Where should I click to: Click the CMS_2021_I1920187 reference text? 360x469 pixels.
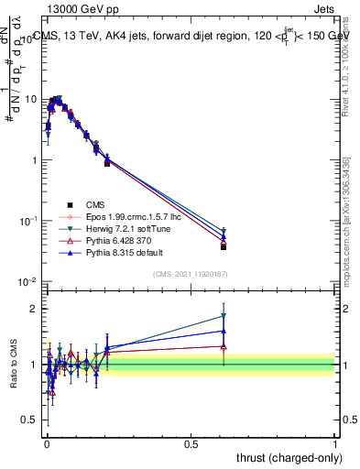point(191,275)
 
